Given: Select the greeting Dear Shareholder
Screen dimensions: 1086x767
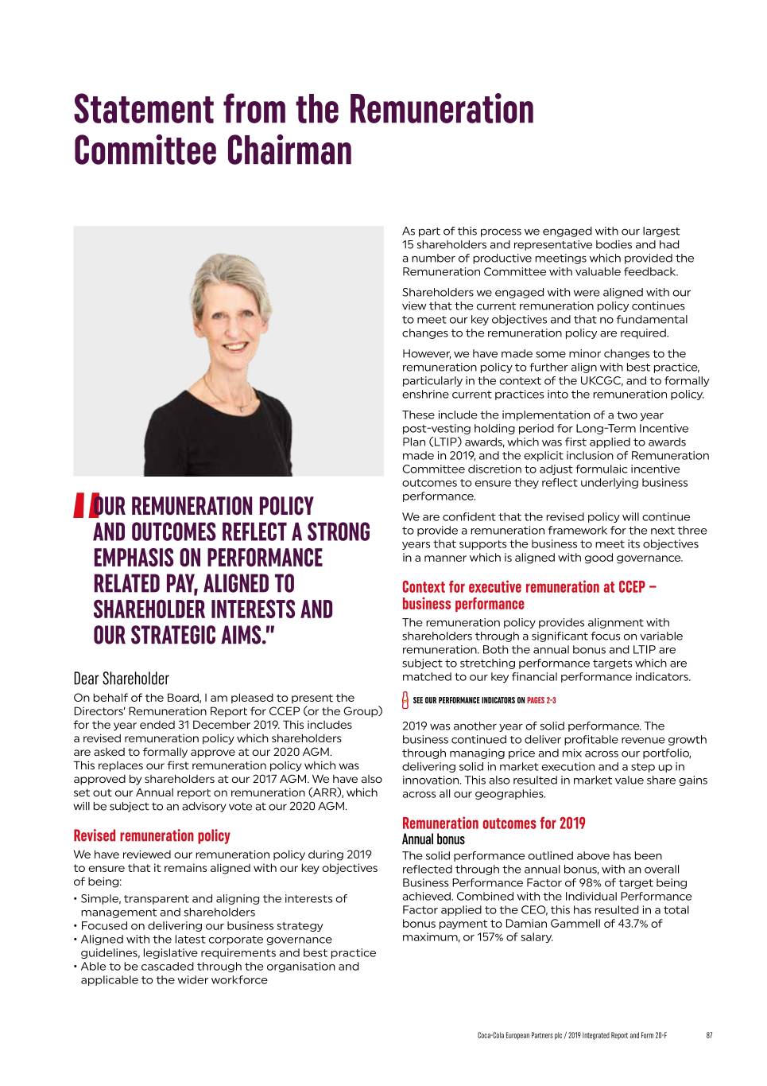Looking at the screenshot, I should (x=121, y=679).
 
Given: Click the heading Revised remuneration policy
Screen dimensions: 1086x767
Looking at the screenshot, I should (x=152, y=835).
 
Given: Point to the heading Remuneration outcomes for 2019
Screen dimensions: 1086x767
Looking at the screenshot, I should (x=494, y=823).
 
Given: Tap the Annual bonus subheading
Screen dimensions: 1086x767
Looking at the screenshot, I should (x=433, y=839).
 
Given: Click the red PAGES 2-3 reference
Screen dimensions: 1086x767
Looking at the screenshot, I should (x=541, y=700).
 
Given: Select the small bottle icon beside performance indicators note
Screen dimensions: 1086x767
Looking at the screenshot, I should (x=406, y=700).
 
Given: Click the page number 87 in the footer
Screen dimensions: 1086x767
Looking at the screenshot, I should (x=709, y=1035).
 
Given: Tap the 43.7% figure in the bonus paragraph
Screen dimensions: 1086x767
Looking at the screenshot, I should (x=610, y=923).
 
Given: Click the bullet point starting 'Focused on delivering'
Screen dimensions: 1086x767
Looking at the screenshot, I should (x=201, y=925).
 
